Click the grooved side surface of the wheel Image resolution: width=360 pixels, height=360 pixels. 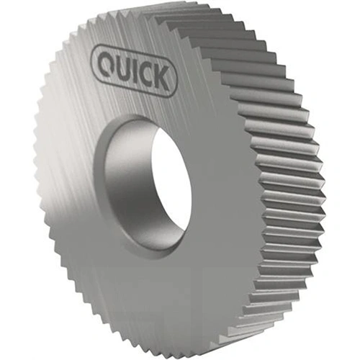coord(281,180)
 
